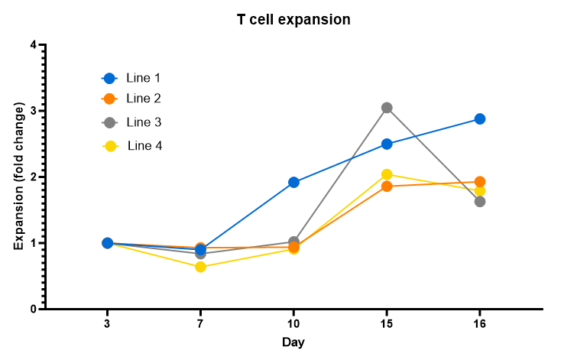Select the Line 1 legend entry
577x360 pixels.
(142, 78)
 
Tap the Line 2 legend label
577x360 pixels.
(143, 99)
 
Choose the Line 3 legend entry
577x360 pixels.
(143, 122)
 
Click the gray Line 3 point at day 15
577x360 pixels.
(387, 108)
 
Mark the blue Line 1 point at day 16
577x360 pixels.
(480, 118)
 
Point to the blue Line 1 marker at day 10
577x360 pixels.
(293, 182)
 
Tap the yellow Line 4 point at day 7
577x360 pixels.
(200, 267)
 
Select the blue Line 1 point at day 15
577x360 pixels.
(387, 144)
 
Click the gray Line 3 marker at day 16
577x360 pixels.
(480, 202)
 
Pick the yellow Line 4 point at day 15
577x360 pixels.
(387, 174)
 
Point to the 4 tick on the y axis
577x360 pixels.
(32, 45)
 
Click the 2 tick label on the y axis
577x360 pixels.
(32, 177)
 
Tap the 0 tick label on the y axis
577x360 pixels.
(32, 310)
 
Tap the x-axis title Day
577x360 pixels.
(293, 342)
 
